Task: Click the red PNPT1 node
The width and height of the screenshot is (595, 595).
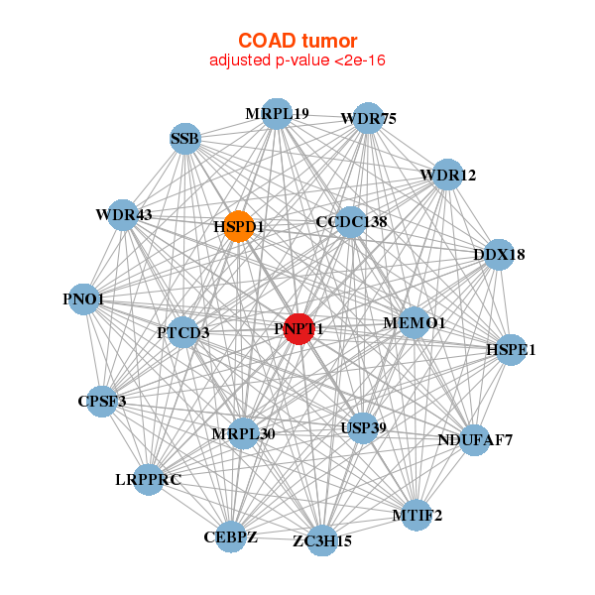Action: pyautogui.click(x=299, y=328)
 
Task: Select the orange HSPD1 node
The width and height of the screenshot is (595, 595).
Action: pyautogui.click(x=239, y=226)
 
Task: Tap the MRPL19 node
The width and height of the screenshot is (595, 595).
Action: pyautogui.click(x=277, y=114)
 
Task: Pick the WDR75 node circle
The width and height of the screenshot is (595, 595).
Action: pyautogui.click(x=368, y=118)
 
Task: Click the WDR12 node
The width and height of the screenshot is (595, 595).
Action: pyautogui.click(x=447, y=175)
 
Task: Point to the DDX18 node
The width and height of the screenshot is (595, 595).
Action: pyautogui.click(x=499, y=254)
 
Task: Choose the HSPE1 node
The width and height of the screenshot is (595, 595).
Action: pyautogui.click(x=510, y=349)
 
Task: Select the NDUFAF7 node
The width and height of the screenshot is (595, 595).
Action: pyautogui.click(x=475, y=439)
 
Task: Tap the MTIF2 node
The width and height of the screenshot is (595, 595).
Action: pyautogui.click(x=416, y=515)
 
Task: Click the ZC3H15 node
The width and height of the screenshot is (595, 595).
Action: pyautogui.click(x=321, y=540)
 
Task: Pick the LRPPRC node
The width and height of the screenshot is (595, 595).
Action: pyautogui.click(x=148, y=480)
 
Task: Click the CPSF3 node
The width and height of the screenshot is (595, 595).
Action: pyautogui.click(x=101, y=401)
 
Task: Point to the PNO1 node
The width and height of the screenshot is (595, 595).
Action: pyautogui.click(x=83, y=299)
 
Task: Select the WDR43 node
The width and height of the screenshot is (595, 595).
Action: pyautogui.click(x=123, y=214)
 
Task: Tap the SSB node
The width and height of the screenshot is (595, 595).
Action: pyautogui.click(x=184, y=139)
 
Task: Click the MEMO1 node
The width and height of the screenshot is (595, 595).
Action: pyautogui.click(x=414, y=323)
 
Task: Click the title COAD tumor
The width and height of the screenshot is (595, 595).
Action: pyautogui.click(x=297, y=41)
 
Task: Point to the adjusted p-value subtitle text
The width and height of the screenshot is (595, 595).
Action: pyautogui.click(x=297, y=60)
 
